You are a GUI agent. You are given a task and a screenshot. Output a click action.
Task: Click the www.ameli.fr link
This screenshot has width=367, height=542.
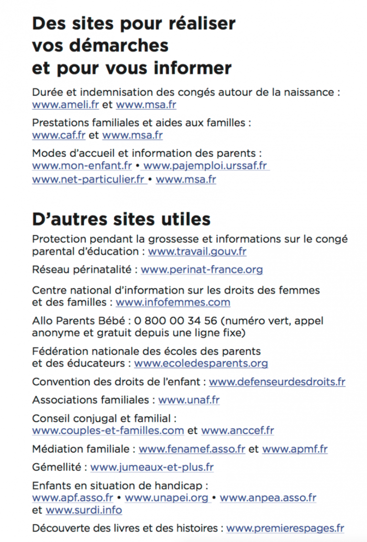pyautogui.click(x=65, y=104)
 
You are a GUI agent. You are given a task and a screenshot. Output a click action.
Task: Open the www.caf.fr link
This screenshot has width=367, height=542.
pyautogui.click(x=59, y=135)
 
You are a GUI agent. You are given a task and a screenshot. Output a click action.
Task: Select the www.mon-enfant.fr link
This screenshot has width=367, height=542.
pyautogui.click(x=82, y=166)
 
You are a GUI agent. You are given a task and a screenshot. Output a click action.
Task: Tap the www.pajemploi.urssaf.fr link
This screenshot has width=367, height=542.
pyautogui.click(x=205, y=166)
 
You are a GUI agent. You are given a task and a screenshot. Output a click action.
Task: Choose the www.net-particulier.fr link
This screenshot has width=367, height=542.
pyautogui.click(x=88, y=180)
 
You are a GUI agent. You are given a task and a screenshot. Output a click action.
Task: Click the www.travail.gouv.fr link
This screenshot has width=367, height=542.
pyautogui.click(x=197, y=251)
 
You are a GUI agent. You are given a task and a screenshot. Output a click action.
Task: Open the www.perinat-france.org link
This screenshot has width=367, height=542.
pyautogui.click(x=202, y=270)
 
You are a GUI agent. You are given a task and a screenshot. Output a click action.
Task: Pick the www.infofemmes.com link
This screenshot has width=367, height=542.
pyautogui.click(x=173, y=302)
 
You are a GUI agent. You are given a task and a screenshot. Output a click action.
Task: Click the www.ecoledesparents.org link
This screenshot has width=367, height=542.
pyautogui.click(x=201, y=364)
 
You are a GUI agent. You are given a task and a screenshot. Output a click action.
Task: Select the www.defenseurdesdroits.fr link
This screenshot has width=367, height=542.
pyautogui.click(x=277, y=382)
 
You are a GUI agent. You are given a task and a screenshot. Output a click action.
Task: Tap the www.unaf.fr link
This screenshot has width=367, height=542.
pyautogui.click(x=189, y=400)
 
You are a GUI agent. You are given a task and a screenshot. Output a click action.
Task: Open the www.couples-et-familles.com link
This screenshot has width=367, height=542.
pyautogui.click(x=108, y=431)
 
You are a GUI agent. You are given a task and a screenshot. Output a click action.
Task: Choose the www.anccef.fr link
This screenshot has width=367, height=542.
pyautogui.click(x=237, y=431)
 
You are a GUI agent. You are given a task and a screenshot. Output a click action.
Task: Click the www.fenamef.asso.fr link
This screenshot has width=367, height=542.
pyautogui.click(x=192, y=449)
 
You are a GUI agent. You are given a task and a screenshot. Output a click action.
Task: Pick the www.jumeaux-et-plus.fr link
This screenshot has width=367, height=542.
pyautogui.click(x=152, y=468)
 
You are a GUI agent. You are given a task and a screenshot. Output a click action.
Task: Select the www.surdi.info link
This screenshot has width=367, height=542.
pyautogui.click(x=84, y=510)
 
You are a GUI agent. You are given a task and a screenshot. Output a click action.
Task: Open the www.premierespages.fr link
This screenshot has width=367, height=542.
pyautogui.click(x=285, y=529)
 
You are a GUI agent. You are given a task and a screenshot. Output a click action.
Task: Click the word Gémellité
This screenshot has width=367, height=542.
pyautogui.click(x=57, y=468)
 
